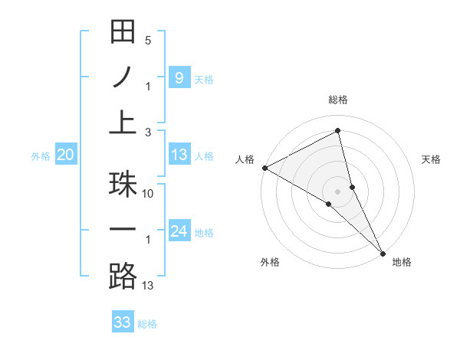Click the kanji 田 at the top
coord(123,31)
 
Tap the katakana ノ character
coord(123,77)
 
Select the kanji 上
coord(123,122)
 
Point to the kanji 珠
coord(123,185)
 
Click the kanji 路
coord(123,275)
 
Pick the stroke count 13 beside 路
coord(148,286)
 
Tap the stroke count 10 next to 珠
coord(148,195)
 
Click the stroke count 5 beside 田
coord(148,40)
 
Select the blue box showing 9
coord(179,77)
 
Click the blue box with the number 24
coord(179,231)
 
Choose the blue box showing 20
coord(65,155)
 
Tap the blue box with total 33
coord(123,322)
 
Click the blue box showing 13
coord(179,155)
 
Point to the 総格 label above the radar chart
coord(338,100)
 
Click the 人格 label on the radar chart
coord(245,159)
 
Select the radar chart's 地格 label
coord(402,262)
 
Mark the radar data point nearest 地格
coord(382,253)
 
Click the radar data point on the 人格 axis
coord(264,168)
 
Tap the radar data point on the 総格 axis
coord(338,130)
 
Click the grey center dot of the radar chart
coord(338,191)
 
